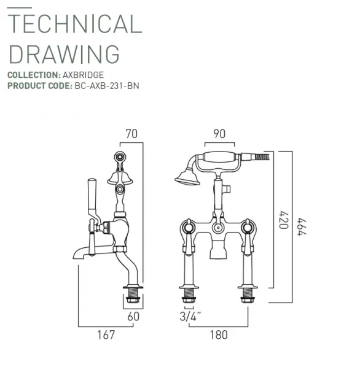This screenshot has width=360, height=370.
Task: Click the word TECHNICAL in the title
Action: pyautogui.click(x=74, y=23)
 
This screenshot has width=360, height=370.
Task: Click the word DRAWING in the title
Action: pyautogui.click(x=64, y=54)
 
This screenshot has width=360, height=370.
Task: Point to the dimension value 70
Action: pyautogui.click(x=131, y=133)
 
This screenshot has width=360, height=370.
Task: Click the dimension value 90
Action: pyautogui.click(x=218, y=133)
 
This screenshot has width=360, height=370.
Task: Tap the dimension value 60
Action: pyautogui.click(x=133, y=317)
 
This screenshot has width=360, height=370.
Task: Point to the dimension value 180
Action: pyautogui.click(x=218, y=335)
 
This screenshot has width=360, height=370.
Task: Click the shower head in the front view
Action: pyautogui.click(x=185, y=179)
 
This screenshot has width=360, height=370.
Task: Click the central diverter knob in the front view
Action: pyautogui.click(x=217, y=229)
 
